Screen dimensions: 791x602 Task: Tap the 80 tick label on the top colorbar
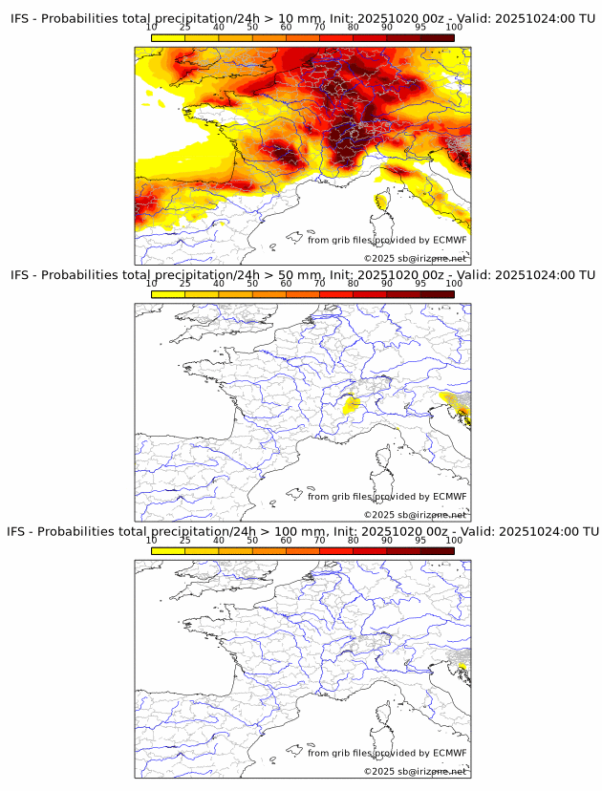click(x=354, y=28)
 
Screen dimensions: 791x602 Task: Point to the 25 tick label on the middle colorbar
click(x=185, y=284)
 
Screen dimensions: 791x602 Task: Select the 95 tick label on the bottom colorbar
click(x=420, y=540)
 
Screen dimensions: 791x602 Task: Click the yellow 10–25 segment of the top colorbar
click(x=168, y=37)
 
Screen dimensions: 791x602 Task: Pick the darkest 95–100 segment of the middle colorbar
click(x=437, y=293)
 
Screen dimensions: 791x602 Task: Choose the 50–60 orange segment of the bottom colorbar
click(x=269, y=549)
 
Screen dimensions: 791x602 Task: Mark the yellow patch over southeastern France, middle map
click(x=352, y=406)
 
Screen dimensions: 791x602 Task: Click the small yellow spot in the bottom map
click(x=462, y=665)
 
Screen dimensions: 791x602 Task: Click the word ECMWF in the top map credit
click(x=449, y=241)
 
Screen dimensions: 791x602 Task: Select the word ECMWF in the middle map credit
click(x=449, y=497)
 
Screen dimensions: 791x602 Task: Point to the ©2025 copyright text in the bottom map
click(x=379, y=771)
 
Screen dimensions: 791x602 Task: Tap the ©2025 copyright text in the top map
click(x=379, y=259)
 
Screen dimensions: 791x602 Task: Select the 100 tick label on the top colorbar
click(x=454, y=28)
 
